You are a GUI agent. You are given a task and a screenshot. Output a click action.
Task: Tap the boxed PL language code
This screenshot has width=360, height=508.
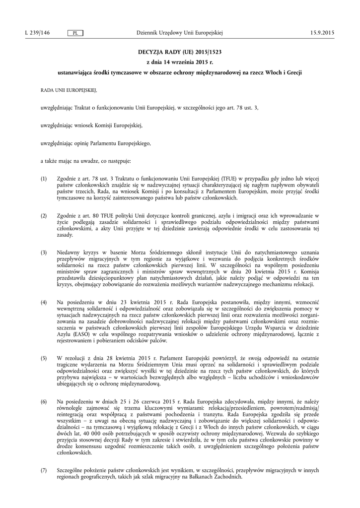pyautogui.click(x=75, y=33)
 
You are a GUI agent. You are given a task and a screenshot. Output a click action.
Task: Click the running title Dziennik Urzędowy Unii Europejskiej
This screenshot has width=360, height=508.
pyautogui.click(x=179, y=33)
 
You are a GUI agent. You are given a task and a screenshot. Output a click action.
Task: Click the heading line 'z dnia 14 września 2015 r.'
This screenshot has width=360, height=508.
pyautogui.click(x=180, y=62)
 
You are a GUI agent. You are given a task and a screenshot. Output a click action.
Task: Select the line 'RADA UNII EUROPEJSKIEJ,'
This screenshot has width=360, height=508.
pyautogui.click(x=69, y=91)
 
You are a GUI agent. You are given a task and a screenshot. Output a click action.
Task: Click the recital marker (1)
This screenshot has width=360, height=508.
pyautogui.click(x=44, y=179)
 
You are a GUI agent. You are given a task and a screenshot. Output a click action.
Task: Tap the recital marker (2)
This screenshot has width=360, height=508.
pyautogui.click(x=44, y=216)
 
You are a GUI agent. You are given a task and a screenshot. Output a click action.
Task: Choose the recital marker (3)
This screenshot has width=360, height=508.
pyautogui.click(x=44, y=254)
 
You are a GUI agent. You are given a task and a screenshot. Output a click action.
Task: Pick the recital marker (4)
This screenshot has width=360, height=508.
pyautogui.click(x=44, y=302)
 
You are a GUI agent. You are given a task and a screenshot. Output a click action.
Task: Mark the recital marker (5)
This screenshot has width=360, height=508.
pyautogui.click(x=44, y=358)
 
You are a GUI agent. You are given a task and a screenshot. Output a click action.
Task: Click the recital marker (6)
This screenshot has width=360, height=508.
pyautogui.click(x=44, y=400)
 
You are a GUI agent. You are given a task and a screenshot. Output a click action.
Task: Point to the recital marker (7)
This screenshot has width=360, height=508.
pyautogui.click(x=44, y=470)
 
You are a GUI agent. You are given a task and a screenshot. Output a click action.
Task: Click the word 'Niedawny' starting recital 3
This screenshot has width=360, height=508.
pyautogui.click(x=69, y=254)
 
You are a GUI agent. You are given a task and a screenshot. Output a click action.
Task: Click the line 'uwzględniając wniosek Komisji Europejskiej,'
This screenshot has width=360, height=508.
pyautogui.click(x=91, y=126)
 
